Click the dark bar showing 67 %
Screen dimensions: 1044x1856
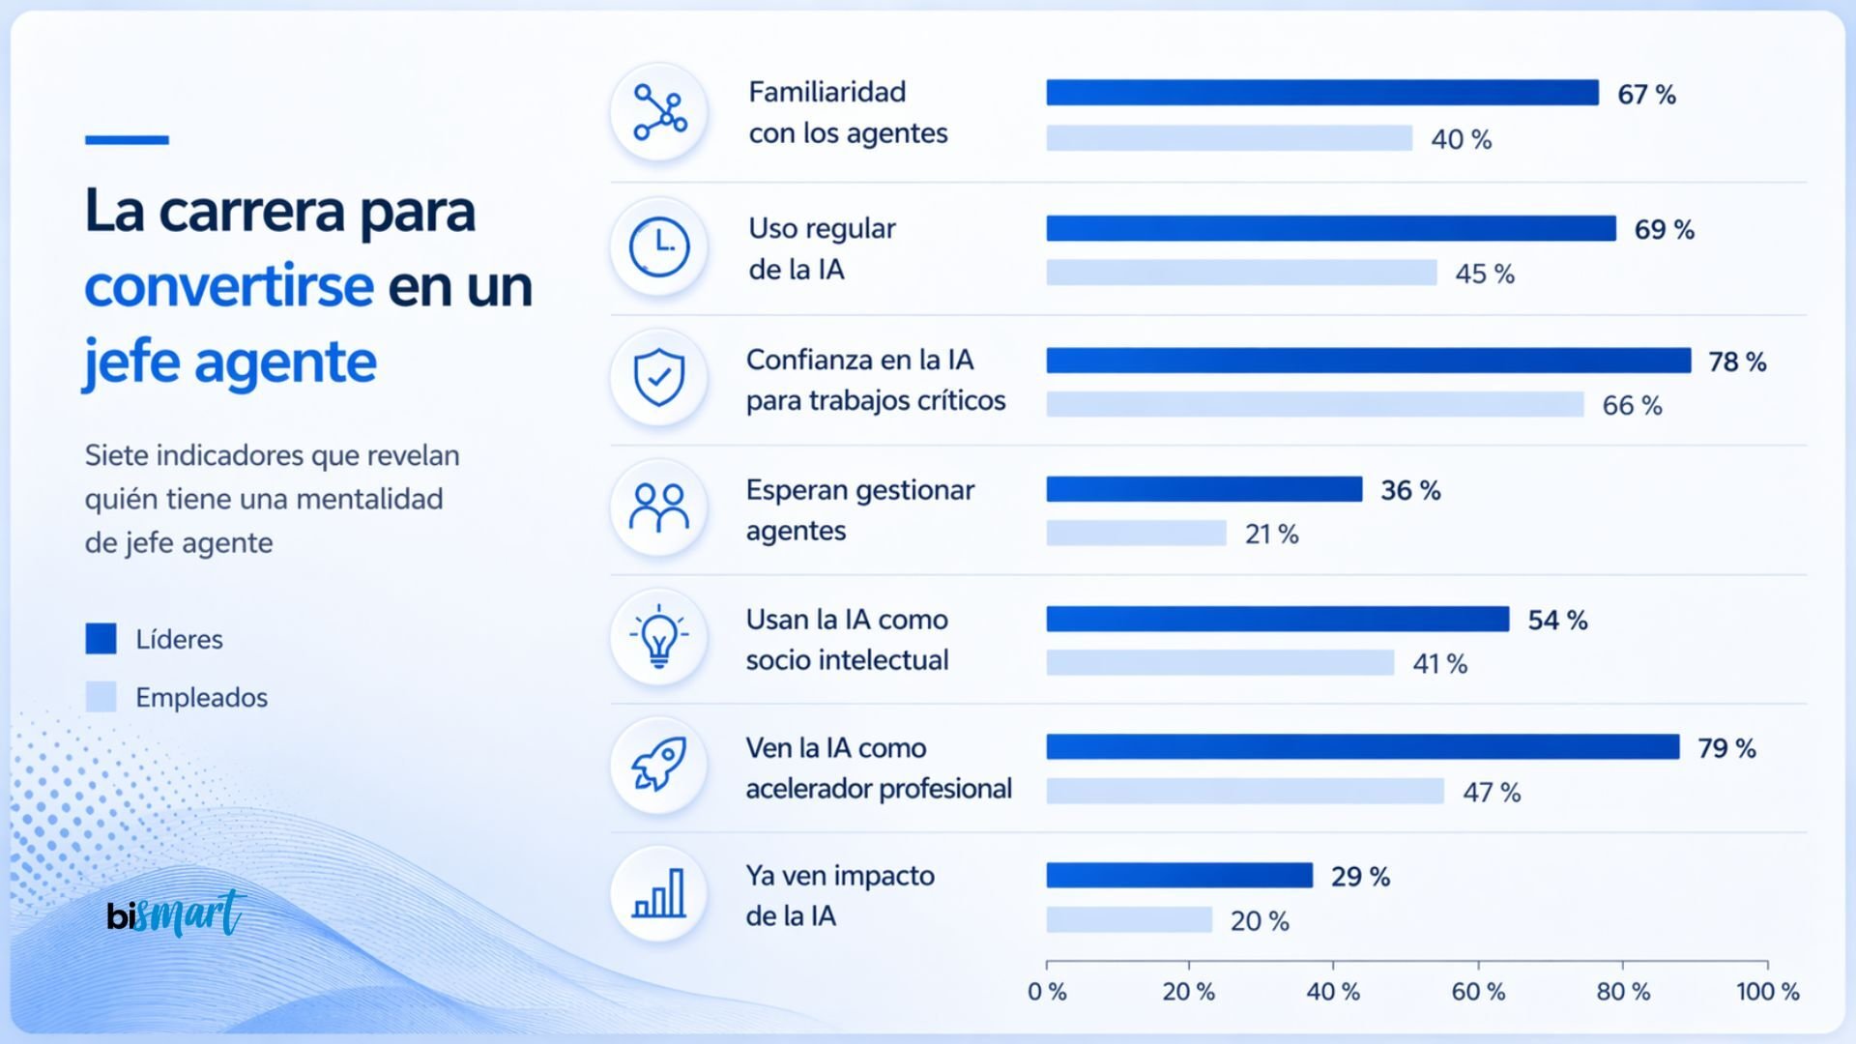tap(1321, 93)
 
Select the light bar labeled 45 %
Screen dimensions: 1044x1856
tap(1241, 273)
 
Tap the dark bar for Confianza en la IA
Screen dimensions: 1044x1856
tap(1368, 361)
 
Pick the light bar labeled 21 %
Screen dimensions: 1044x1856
tap(1136, 533)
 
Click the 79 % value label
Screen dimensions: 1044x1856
tap(1726, 748)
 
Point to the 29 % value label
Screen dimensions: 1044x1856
tap(1360, 877)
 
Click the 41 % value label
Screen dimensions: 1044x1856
tap(1439, 664)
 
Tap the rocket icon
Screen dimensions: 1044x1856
tap(659, 765)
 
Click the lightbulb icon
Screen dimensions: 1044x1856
tap(659, 637)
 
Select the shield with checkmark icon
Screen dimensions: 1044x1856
tap(659, 377)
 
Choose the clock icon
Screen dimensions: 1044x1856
tap(659, 246)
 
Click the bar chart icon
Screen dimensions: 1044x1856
tap(659, 894)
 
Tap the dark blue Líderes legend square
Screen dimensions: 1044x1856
tap(101, 639)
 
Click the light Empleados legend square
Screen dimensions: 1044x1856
tap(101, 697)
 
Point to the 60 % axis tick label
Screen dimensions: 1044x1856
tap(1478, 992)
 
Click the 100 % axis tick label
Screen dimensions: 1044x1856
tap(1767, 992)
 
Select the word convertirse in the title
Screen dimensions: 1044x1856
tap(229, 286)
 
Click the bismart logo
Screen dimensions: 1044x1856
tap(175, 913)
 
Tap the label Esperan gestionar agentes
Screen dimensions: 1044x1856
tap(859, 510)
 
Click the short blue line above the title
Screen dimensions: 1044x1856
tap(127, 140)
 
